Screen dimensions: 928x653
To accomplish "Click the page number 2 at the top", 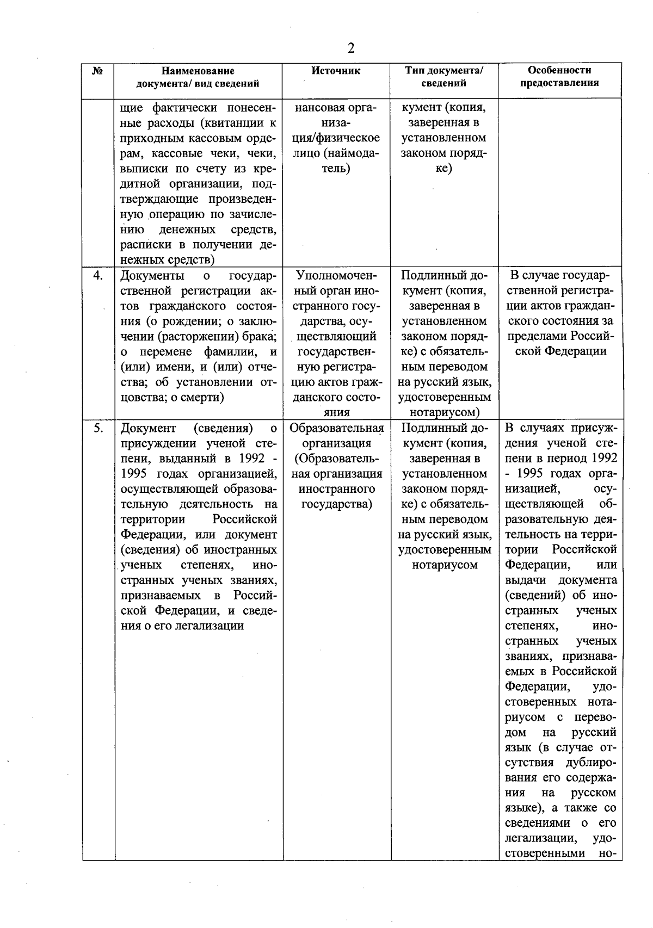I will coord(351,48).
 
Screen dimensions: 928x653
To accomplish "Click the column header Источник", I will coord(336,71).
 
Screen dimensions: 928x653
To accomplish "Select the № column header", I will coord(98,71).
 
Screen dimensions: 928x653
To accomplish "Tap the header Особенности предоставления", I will coord(559,77).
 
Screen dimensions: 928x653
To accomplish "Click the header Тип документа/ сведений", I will coord(443,77).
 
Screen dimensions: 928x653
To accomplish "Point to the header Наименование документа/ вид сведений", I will coord(198,77).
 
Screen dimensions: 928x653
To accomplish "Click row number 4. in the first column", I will coord(98,275).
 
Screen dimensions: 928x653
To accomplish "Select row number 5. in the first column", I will coord(98,428).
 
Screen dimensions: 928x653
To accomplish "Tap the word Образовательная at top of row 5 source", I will coord(336,428).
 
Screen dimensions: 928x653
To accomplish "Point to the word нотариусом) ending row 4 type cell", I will coord(445,412).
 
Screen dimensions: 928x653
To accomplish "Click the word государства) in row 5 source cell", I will coord(336,504).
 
